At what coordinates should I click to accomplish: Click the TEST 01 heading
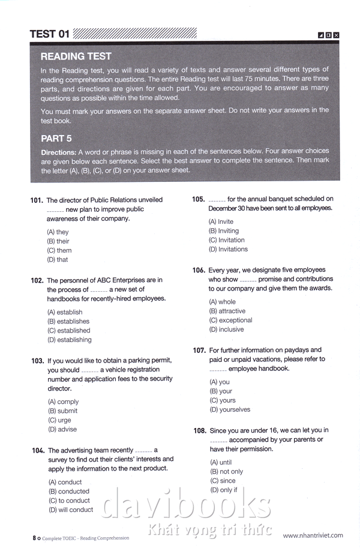[x=50, y=34]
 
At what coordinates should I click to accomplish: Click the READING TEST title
[x=76, y=56]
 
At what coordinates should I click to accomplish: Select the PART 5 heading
[x=56, y=138]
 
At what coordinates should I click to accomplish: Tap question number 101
[x=37, y=200]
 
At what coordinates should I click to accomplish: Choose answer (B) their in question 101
[x=58, y=241]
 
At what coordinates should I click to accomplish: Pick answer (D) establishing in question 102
[x=70, y=340]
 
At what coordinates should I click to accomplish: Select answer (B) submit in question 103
[x=62, y=411]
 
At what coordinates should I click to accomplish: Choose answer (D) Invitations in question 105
[x=228, y=249]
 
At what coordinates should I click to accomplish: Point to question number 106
[x=199, y=271]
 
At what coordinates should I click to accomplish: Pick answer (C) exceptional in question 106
[x=230, y=321]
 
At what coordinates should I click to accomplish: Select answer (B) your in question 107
[x=222, y=391]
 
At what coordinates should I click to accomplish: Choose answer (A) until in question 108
[x=221, y=463]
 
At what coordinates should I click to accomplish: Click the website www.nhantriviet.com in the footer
[x=313, y=535]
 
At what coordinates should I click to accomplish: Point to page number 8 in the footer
[x=34, y=538]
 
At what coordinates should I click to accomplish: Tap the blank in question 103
[x=89, y=371]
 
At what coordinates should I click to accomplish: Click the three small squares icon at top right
[x=329, y=35]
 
